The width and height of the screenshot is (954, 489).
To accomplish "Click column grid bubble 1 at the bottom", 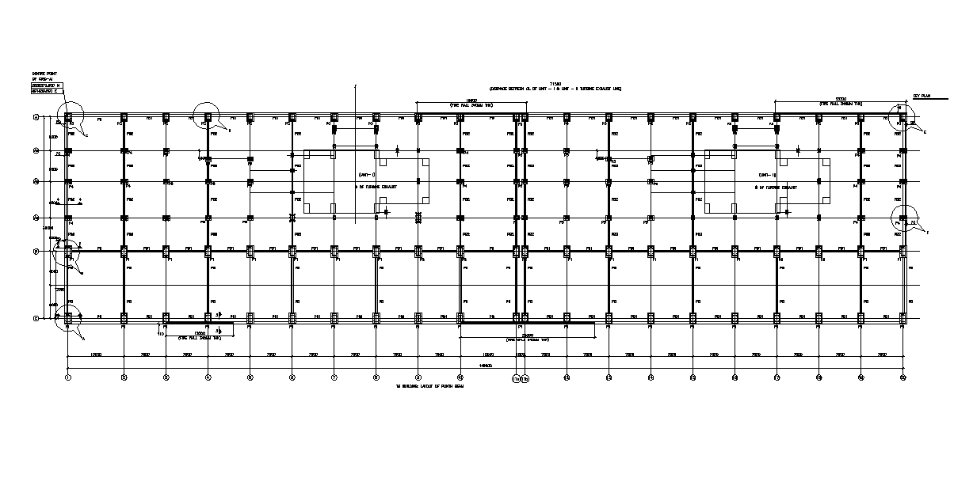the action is (x=68, y=378).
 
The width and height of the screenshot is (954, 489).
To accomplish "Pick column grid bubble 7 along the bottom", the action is (x=334, y=378).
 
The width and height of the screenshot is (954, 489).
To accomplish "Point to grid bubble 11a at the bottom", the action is (x=516, y=378).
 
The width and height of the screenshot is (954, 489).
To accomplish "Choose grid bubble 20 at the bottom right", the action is (x=902, y=378).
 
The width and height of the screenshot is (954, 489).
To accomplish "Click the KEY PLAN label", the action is (x=920, y=96).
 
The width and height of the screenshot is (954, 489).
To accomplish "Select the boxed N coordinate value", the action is (x=45, y=85).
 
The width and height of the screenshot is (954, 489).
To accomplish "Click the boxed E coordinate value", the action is (x=45, y=91).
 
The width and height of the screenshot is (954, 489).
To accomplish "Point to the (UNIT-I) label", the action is (x=365, y=174).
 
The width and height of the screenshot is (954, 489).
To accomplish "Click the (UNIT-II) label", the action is (x=766, y=174).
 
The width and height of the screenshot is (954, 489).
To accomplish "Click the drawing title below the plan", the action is (x=429, y=387).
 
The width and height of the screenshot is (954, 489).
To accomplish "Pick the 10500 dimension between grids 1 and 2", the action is (x=95, y=354).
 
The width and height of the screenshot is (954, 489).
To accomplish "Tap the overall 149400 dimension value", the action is (x=484, y=366).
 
